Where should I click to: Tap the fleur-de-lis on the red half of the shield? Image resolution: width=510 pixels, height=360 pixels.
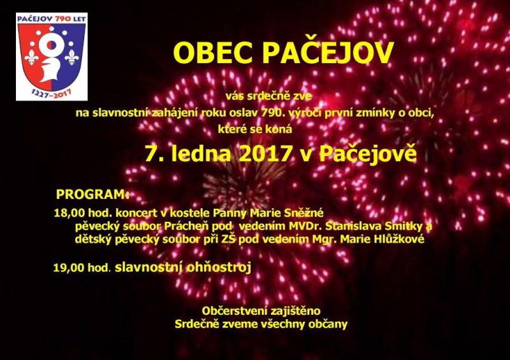31,57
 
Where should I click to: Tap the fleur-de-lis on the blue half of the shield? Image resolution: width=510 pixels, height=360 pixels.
71,57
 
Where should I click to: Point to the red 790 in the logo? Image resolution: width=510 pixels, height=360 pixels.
63,19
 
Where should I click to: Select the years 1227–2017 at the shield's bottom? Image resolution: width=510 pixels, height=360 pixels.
52,94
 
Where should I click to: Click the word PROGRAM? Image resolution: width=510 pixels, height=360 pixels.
91,194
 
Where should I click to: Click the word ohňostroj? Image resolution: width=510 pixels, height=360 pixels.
219,268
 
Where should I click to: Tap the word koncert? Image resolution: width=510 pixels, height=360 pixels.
136,213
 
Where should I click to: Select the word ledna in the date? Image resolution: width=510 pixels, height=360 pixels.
201,153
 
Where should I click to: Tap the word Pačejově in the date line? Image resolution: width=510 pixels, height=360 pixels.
368,153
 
